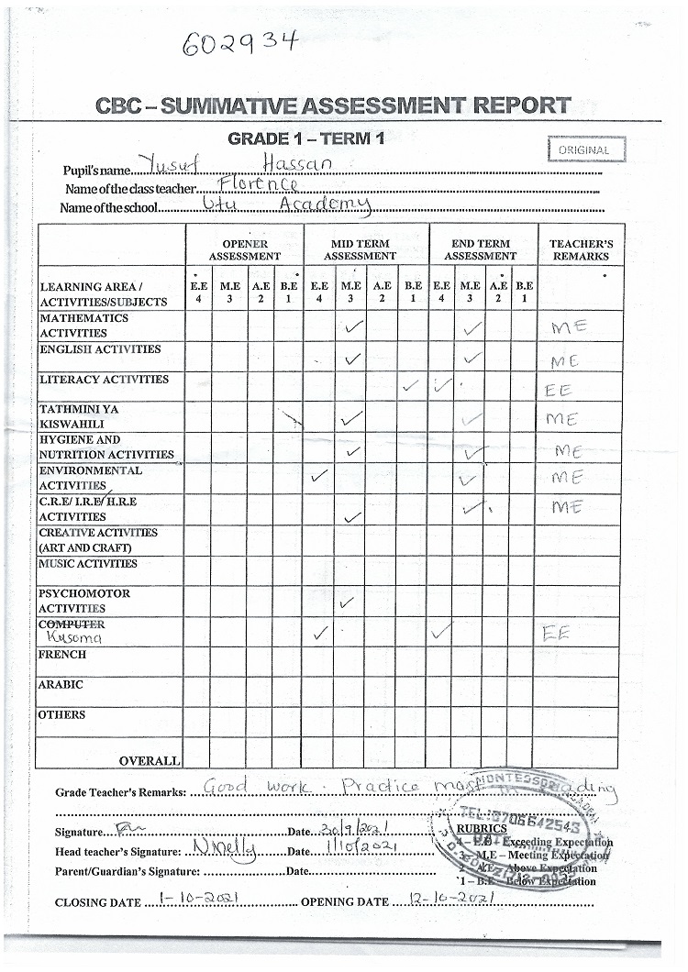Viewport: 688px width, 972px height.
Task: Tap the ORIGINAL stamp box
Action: pos(585,149)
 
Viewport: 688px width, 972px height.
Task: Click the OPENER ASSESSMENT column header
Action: pos(244,249)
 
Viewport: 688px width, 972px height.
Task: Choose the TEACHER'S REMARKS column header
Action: pos(581,249)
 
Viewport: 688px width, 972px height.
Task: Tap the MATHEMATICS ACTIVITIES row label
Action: pos(84,326)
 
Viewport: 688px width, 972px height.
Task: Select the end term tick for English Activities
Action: pos(472,358)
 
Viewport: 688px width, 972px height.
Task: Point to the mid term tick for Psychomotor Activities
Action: pos(346,602)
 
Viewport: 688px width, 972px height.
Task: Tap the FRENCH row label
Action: pos(62,655)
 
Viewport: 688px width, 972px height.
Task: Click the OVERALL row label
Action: pos(149,760)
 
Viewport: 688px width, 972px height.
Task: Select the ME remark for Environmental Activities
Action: pos(567,478)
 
